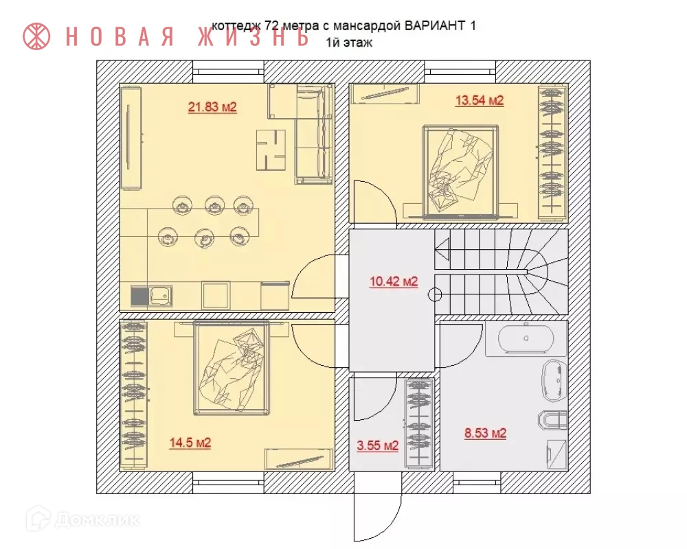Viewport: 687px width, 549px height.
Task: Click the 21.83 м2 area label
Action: point(212,107)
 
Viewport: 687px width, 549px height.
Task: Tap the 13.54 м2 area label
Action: point(480,101)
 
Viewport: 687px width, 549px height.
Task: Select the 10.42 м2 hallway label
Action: point(394,281)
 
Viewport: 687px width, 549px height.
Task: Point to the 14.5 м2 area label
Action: point(190,443)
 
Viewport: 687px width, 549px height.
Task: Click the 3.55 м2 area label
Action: point(377,446)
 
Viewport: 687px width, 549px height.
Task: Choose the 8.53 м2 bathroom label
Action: point(485,434)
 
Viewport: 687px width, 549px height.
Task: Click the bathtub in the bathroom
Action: point(525,338)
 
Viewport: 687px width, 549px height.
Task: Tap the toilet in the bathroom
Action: point(551,419)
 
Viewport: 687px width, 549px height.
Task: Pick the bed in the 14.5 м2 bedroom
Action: point(231,368)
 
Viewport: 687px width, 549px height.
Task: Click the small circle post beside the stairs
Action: point(435,295)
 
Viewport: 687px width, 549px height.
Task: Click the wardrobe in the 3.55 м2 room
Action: point(418,423)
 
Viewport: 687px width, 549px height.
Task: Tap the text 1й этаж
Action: point(349,43)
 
